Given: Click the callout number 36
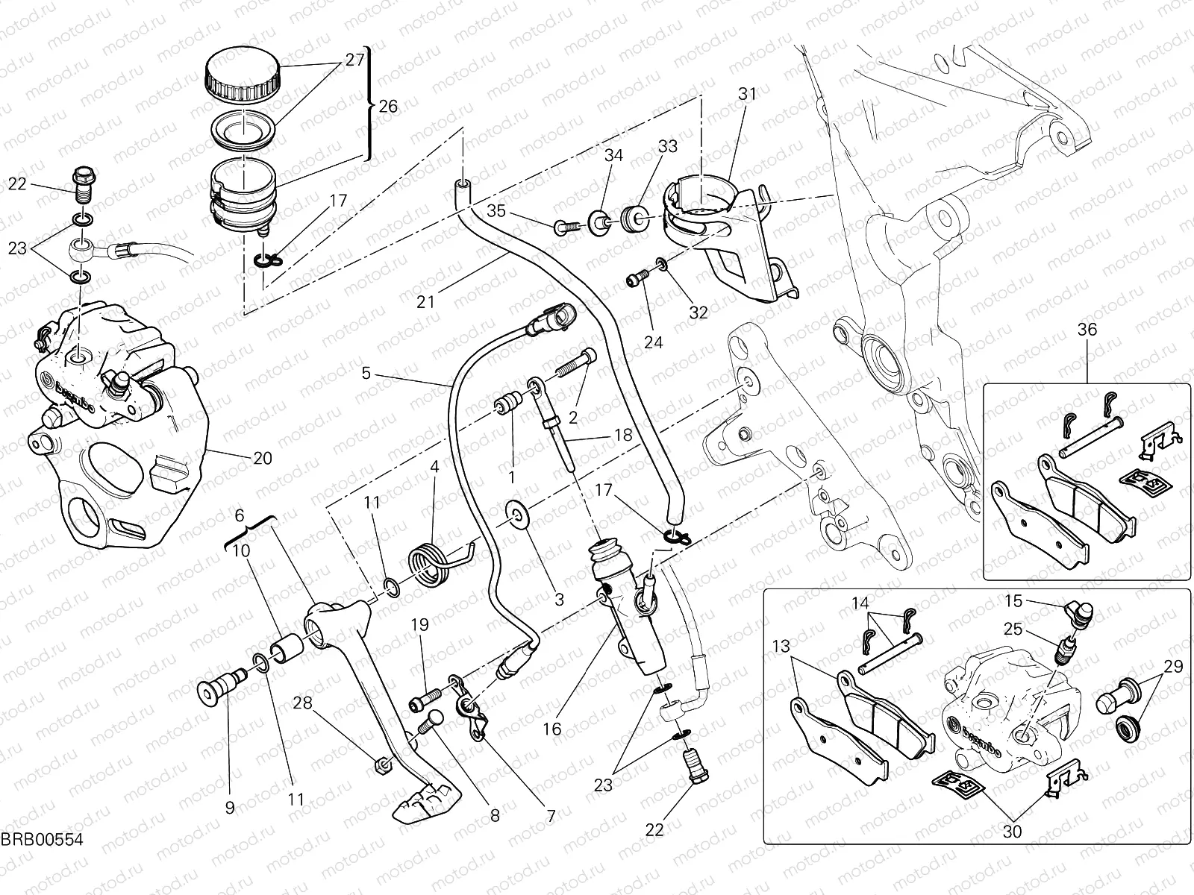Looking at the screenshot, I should [x=1087, y=329].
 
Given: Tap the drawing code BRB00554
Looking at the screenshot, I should [x=40, y=840].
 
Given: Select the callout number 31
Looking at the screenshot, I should [x=747, y=94].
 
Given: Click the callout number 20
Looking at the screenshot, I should [x=262, y=459].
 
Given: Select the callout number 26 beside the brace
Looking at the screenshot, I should [x=388, y=107].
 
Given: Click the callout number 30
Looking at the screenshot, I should [x=1013, y=831].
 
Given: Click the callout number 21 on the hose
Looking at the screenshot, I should [x=425, y=301].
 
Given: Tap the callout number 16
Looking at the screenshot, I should [x=552, y=729].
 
